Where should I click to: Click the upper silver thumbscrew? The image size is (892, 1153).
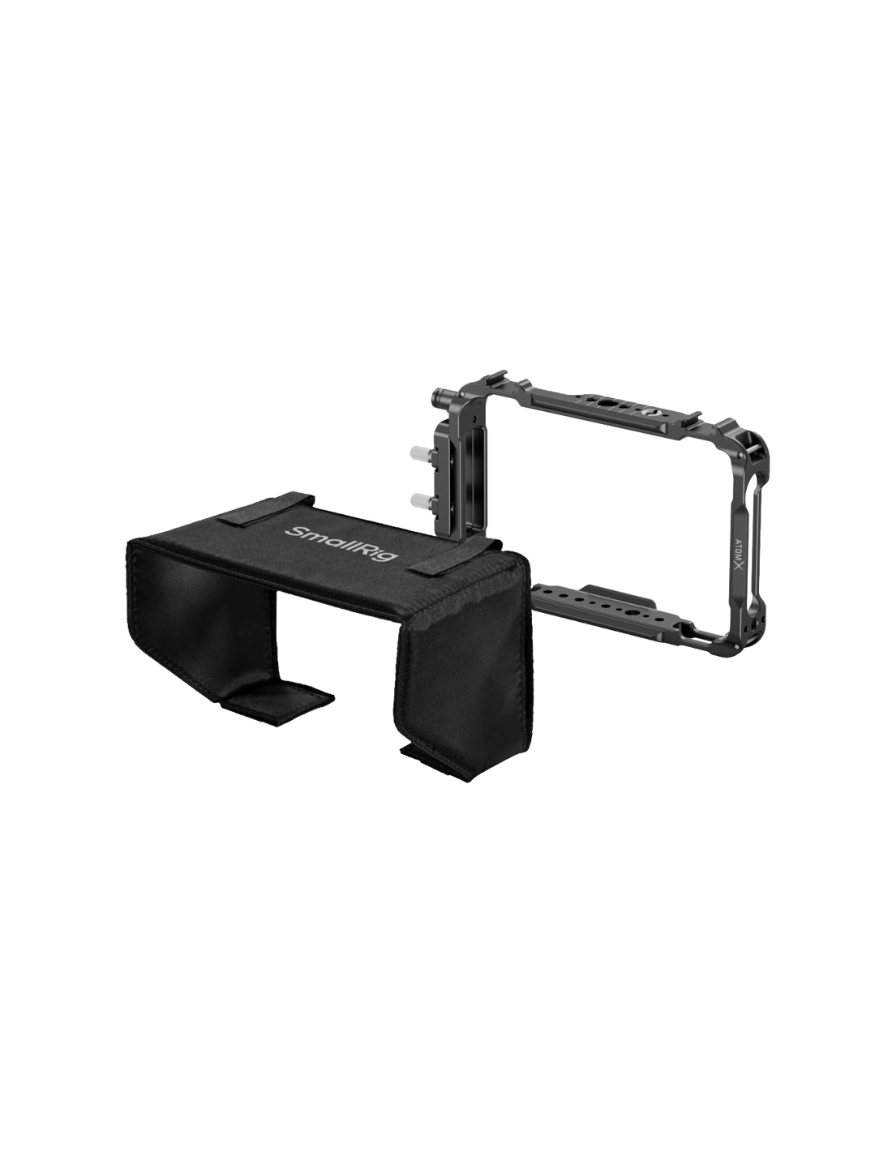pos(418,452)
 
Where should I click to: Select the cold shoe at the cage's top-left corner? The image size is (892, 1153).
pos(496,377)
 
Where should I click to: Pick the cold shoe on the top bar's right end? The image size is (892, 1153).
pos(692,418)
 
